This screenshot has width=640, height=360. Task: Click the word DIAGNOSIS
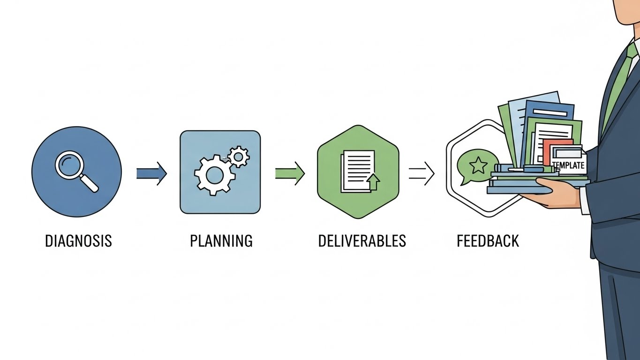point(78,241)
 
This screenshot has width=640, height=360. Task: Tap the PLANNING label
point(221,241)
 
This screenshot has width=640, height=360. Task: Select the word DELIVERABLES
point(361,241)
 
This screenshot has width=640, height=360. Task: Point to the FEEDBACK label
point(488,241)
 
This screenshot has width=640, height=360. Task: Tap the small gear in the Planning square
point(239,156)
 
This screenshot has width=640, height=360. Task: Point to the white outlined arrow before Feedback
point(422,173)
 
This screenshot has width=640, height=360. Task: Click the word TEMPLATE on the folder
point(569,165)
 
